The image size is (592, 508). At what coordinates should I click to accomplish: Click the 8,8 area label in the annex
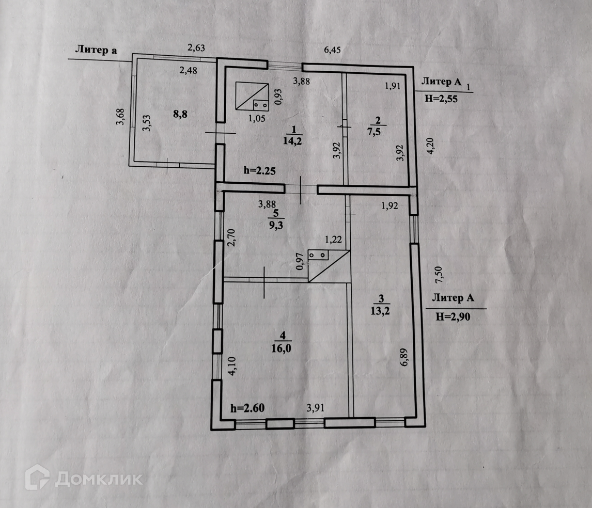pos(179,114)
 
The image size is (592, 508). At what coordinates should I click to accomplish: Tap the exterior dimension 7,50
pos(439,275)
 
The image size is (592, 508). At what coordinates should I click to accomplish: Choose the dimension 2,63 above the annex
pos(196,48)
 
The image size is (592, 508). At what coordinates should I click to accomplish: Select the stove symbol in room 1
pos(252,97)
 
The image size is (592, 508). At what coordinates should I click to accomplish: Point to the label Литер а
pos(96,50)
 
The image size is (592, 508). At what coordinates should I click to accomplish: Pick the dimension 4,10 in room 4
pos(231,364)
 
